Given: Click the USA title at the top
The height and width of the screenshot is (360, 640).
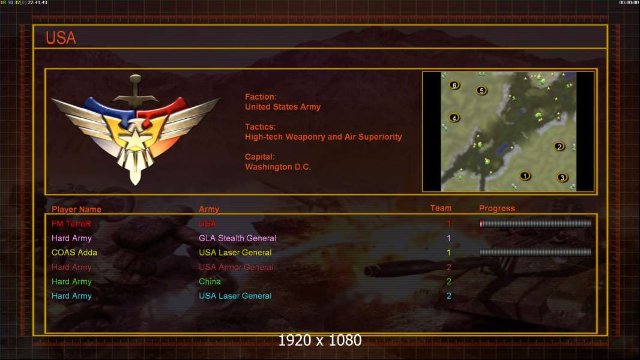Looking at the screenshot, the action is coord(61,38).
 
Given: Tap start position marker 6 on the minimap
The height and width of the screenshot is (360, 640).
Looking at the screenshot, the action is coord(454,85).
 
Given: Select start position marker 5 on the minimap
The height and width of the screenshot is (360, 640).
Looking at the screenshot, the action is coord(482,91).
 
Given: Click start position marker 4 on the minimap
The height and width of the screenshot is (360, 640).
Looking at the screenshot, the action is coord(454,118).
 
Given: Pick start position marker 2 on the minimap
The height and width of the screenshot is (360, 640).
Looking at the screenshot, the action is coord(559,146).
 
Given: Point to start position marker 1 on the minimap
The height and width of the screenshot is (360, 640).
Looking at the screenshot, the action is coord(525,176).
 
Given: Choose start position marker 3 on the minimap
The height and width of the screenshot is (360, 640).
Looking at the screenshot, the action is coord(563,178).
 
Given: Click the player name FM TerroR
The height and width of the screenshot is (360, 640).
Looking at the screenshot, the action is coord(71,224).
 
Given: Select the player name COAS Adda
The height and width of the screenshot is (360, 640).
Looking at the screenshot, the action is coord(74,253).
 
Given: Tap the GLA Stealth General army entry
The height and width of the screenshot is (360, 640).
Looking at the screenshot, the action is coord(237,238).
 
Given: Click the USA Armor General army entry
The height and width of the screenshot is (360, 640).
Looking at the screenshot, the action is coord(236,267).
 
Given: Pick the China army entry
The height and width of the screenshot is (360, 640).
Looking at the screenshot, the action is coord(210,281).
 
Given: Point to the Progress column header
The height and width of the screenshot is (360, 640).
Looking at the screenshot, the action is coord(497,208).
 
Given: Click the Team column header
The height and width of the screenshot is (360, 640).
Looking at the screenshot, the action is coord(441,208).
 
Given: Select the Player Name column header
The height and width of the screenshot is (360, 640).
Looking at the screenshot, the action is coord(76,209).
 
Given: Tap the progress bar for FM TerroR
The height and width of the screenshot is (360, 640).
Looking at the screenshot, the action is coord(536,223).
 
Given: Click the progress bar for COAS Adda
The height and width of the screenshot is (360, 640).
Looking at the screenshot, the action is coord(536,252).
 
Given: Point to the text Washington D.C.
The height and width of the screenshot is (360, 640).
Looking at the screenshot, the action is coord(278,167).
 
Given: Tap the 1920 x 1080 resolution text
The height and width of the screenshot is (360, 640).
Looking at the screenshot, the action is coord(320,340).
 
